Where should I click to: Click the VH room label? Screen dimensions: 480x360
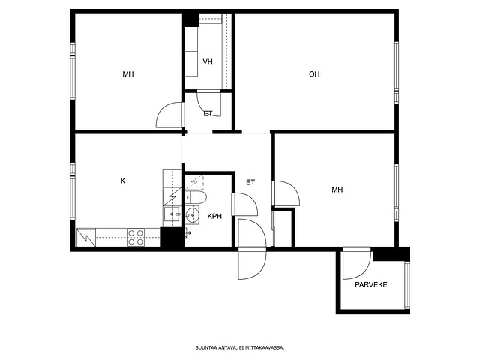point(208,61)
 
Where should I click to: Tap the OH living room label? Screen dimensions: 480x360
point(314,74)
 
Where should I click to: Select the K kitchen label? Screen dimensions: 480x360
point(123,181)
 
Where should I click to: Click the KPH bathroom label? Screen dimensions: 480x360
point(214,216)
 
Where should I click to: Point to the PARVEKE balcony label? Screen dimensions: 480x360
point(371,285)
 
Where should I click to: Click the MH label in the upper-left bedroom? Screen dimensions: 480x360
point(128,74)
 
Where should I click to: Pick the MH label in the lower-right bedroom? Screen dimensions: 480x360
point(337,190)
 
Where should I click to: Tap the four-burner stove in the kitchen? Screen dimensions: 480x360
point(136,237)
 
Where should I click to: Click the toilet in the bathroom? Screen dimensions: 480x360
point(196,197)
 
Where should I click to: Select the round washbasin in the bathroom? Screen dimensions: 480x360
point(193,215)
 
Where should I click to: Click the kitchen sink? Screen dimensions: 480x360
point(172,214)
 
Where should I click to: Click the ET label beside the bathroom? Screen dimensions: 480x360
point(250,182)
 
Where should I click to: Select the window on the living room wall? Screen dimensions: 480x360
point(396,73)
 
